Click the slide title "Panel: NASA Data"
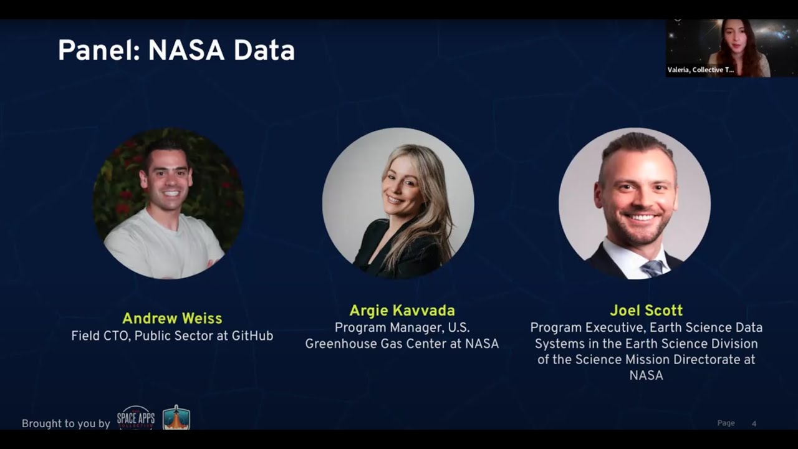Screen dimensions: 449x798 click(x=176, y=51)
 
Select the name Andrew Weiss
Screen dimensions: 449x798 click(x=172, y=319)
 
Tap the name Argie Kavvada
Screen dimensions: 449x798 click(x=402, y=311)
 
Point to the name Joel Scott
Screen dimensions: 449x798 click(x=646, y=311)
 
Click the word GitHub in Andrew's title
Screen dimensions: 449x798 click(x=252, y=336)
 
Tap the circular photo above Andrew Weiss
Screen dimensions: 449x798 click(x=168, y=203)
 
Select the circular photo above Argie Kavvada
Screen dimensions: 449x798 click(x=398, y=203)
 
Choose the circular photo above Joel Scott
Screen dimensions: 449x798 click(x=634, y=203)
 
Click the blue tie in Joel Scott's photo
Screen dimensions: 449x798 click(x=653, y=269)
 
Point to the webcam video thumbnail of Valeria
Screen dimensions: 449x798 click(x=731, y=47)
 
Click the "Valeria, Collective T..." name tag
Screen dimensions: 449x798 click(x=701, y=70)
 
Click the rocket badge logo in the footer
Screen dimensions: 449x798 click(x=176, y=418)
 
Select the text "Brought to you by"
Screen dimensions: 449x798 click(x=65, y=424)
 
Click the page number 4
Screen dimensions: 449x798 click(x=754, y=423)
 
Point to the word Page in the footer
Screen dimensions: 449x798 click(x=726, y=423)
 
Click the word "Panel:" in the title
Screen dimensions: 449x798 click(x=99, y=51)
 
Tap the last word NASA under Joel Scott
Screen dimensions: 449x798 click(x=646, y=375)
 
